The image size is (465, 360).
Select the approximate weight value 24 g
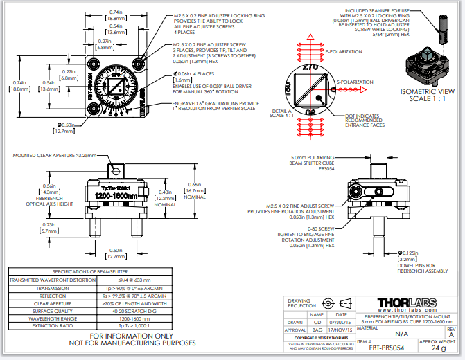click(x=439, y=348)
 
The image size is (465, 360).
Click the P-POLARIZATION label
click(x=344, y=51)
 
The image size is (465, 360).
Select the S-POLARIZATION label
click(x=354, y=82)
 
